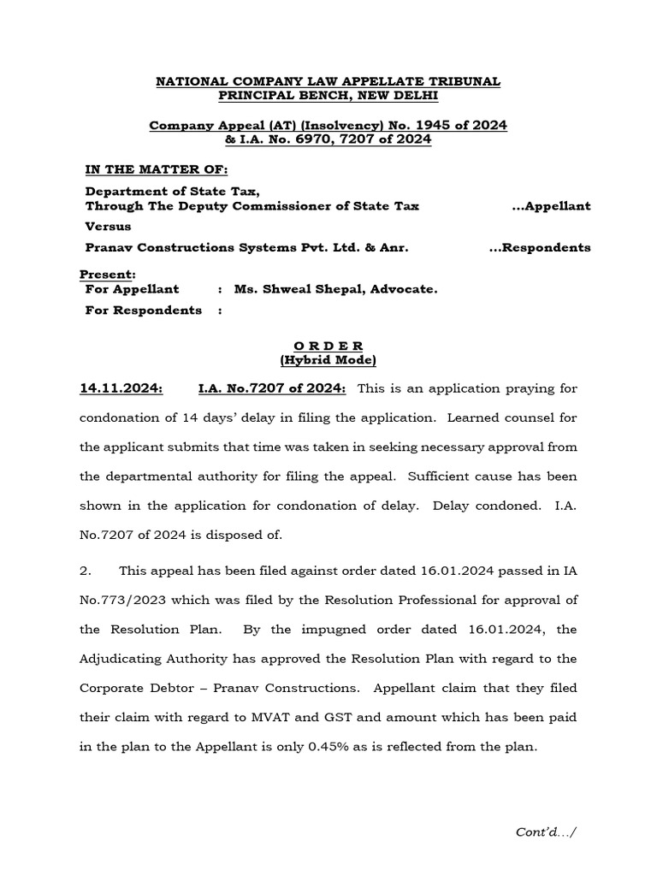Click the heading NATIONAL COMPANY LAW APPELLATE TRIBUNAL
pyautogui.click(x=328, y=80)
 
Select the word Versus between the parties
pyautogui.click(x=108, y=227)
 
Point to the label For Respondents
pyautogui.click(x=144, y=310)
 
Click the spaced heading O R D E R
pyautogui.click(x=328, y=346)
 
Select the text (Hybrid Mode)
pyautogui.click(x=328, y=359)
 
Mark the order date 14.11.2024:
pyautogui.click(x=121, y=388)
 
